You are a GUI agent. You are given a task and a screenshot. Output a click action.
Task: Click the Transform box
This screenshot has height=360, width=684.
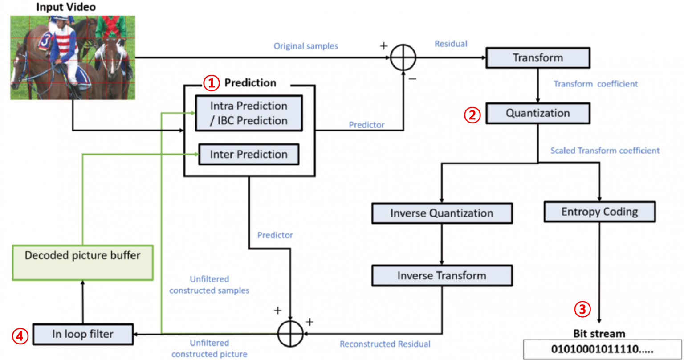(x=537, y=58)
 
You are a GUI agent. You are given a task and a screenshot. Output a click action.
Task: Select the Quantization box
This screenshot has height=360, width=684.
(x=537, y=113)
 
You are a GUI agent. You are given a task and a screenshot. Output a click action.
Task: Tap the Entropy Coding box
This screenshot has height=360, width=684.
(x=599, y=212)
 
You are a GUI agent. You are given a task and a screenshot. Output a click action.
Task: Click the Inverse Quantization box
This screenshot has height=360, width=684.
(x=441, y=213)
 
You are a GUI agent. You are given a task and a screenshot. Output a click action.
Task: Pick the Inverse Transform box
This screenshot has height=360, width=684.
(x=441, y=275)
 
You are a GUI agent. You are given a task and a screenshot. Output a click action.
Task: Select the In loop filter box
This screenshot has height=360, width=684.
(x=83, y=334)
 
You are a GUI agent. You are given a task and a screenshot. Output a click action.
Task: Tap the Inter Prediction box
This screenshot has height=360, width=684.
(x=248, y=155)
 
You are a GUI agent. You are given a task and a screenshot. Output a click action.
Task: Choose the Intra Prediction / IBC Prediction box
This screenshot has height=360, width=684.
(x=248, y=113)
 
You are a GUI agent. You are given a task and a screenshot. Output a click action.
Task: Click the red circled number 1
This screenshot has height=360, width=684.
(x=212, y=82)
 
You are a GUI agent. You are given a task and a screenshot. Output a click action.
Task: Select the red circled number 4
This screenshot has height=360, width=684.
(x=20, y=335)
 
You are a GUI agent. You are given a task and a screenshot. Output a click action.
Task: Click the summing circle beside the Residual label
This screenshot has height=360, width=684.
(x=403, y=58)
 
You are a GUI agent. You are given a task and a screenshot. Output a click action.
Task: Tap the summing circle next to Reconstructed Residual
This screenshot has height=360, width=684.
(x=290, y=333)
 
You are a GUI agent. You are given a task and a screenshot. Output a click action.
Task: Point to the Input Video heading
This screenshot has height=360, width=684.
(x=65, y=7)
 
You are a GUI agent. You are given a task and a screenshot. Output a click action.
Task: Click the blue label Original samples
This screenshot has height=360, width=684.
(x=305, y=46)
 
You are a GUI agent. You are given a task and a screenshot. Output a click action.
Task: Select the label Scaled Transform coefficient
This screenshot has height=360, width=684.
(x=605, y=151)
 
